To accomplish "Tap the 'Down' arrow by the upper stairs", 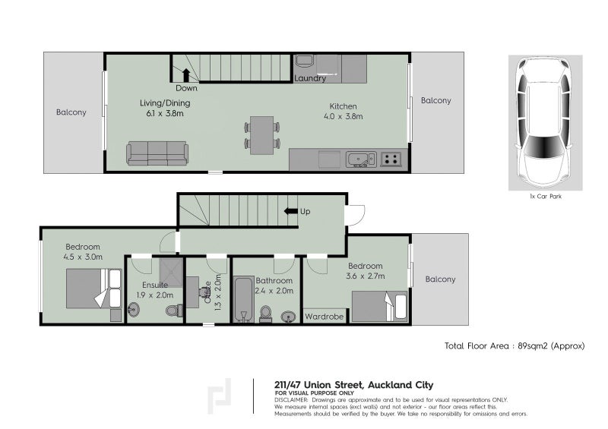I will [185, 74].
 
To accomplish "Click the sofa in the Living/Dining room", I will [157, 153].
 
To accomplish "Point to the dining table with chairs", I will [262, 134].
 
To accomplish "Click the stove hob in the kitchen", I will [391, 159].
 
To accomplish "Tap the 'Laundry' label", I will [310, 78].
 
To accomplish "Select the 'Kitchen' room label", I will [343, 106].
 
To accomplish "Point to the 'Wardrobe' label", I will [325, 316].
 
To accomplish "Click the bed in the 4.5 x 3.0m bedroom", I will [93, 289].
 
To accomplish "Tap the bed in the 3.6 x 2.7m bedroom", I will [379, 307].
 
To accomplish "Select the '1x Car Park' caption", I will [545, 196].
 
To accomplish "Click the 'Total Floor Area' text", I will [478, 345].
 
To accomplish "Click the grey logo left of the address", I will [220, 395].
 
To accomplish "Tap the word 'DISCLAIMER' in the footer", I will [291, 399].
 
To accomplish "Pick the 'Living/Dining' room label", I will [165, 103].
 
